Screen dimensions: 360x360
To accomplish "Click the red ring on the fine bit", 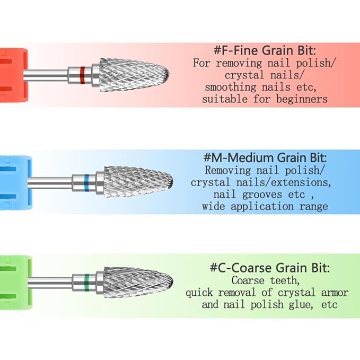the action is pyautogui.click(x=82, y=75).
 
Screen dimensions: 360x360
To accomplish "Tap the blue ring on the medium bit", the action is pyautogui.click(x=86, y=183).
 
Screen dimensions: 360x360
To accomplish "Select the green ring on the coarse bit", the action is pyautogui.click(x=87, y=283).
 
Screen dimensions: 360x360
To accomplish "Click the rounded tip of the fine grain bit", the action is pyautogui.click(x=169, y=74).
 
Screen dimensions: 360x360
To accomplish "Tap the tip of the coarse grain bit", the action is pyautogui.click(x=172, y=281).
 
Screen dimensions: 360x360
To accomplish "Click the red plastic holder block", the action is pyautogui.click(x=13, y=75).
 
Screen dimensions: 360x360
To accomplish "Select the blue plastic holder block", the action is pyautogui.click(x=15, y=183).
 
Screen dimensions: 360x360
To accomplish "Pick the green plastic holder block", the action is pyautogui.click(x=15, y=283).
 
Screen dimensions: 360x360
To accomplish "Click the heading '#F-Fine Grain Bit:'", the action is pyautogui.click(x=265, y=50).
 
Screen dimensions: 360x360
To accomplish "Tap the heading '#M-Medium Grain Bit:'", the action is pyautogui.click(x=265, y=157).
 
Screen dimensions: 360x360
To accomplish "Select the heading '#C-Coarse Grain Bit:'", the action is pyautogui.click(x=269, y=268).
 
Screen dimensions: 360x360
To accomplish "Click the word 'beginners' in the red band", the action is pyautogui.click(x=302, y=99).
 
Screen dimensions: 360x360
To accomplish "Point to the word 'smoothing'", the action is pyautogui.click(x=231, y=87).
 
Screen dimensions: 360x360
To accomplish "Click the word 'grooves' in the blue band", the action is pyautogui.click(x=262, y=195).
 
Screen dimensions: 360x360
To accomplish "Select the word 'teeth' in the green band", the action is pyautogui.click(x=285, y=280).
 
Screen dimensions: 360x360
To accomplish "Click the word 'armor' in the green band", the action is pyautogui.click(x=335, y=293).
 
